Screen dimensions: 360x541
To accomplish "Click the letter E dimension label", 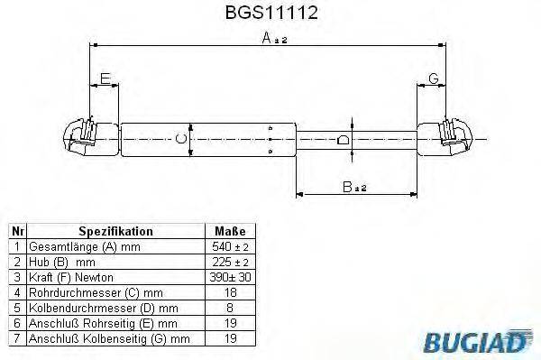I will (x=105, y=78).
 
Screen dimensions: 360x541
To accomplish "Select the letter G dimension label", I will (x=433, y=78).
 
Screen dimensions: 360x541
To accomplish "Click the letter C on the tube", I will (x=180, y=139).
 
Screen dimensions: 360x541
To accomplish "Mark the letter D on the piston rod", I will (x=341, y=140).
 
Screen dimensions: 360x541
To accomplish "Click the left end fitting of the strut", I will (x=86, y=138).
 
